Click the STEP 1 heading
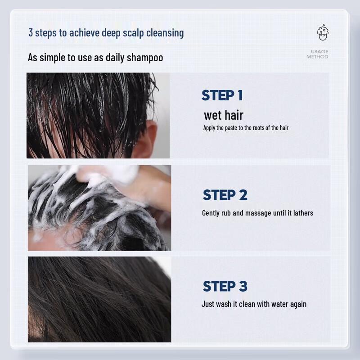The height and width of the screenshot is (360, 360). (x=222, y=95)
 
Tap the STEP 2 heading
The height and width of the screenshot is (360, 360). (x=225, y=195)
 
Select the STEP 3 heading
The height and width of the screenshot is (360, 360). (x=225, y=286)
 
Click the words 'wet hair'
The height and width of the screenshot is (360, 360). (x=223, y=115)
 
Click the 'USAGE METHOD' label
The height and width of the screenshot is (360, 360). (x=317, y=54)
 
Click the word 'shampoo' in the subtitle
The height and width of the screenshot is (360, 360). (x=145, y=58)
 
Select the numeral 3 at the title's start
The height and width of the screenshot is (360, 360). (x=31, y=33)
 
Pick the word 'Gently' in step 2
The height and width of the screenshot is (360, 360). (x=210, y=213)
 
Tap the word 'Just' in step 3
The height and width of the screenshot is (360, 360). (x=207, y=304)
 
